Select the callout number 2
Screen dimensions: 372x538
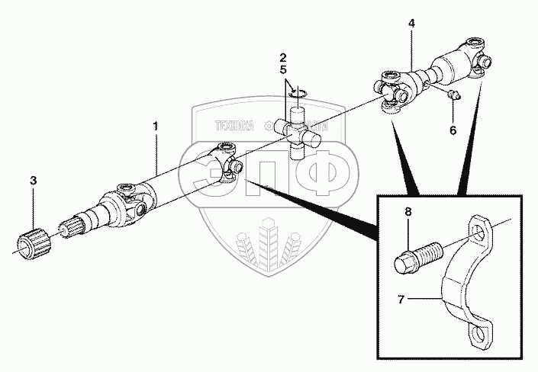click(x=283, y=58)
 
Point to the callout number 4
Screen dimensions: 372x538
click(x=411, y=24)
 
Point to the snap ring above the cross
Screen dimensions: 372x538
click(x=301, y=94)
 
